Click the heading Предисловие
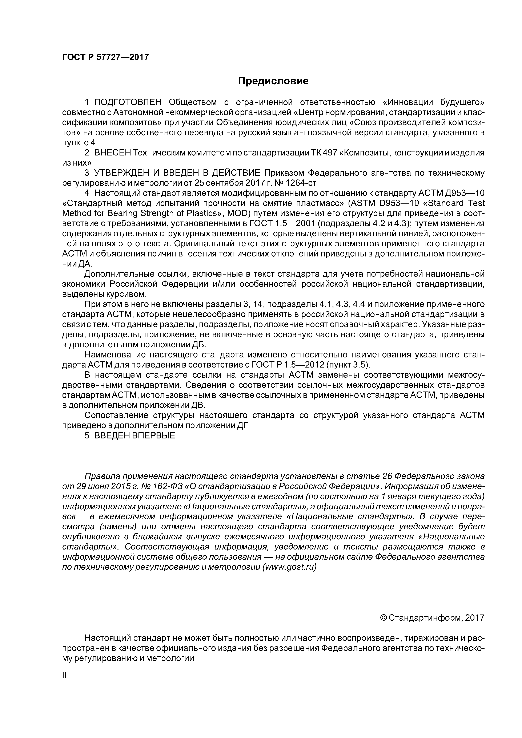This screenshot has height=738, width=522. coord(273,81)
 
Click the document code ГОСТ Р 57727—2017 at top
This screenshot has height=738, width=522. coord(105,57)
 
